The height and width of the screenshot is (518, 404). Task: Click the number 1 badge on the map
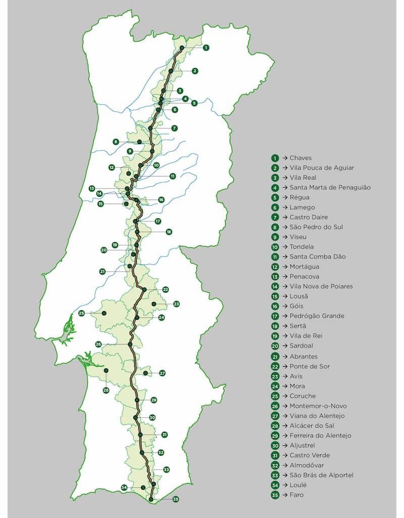206,48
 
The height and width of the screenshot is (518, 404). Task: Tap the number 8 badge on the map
116,142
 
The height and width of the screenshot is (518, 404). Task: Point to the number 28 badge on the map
106,390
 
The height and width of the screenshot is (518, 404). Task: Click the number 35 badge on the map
176,499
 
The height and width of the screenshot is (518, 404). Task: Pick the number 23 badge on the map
176,304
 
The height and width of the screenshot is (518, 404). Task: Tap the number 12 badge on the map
112,167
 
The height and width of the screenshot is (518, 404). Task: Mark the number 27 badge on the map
162,373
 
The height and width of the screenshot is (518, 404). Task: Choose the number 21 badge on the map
103,272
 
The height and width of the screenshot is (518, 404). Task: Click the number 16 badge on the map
161,200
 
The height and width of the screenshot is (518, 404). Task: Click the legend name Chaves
301,158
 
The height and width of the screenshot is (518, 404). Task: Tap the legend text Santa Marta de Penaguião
330,188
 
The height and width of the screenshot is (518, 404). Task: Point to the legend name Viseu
298,237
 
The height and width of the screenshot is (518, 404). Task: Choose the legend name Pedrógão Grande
317,316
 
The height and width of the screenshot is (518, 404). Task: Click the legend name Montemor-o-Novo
318,406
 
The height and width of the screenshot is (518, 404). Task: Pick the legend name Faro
297,495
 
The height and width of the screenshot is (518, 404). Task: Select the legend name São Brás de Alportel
322,475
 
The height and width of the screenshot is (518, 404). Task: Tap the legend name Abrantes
304,356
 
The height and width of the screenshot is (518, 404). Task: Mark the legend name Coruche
302,396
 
